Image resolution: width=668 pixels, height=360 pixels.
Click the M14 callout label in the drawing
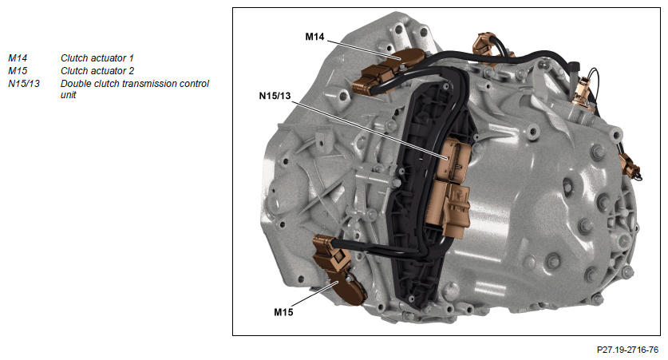point(314,37)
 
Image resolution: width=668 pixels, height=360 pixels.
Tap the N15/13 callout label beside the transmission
point(275,96)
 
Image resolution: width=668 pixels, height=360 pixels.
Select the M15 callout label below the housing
point(283,312)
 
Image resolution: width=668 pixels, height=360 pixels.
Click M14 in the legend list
point(18,58)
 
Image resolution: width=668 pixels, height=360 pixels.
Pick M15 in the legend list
point(18,71)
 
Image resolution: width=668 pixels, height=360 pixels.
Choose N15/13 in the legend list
point(24,84)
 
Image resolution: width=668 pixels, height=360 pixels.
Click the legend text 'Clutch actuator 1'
point(97,58)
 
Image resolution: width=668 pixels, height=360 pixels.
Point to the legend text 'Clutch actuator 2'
point(97,71)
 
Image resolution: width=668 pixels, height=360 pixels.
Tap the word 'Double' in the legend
point(74,84)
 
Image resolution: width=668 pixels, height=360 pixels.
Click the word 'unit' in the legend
point(68,94)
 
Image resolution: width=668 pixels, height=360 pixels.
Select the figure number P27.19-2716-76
point(627,350)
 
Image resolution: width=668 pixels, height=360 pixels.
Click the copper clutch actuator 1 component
point(388,71)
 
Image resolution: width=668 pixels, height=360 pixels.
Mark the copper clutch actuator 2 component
point(338,270)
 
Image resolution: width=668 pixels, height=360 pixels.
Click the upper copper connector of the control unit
point(454,160)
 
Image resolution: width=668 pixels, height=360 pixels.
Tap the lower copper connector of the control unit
point(452,208)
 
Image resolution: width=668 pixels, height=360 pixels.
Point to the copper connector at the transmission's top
point(483,45)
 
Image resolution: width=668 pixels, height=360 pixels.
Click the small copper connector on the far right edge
point(630,165)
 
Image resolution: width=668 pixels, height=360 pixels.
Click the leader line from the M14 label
point(364,49)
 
